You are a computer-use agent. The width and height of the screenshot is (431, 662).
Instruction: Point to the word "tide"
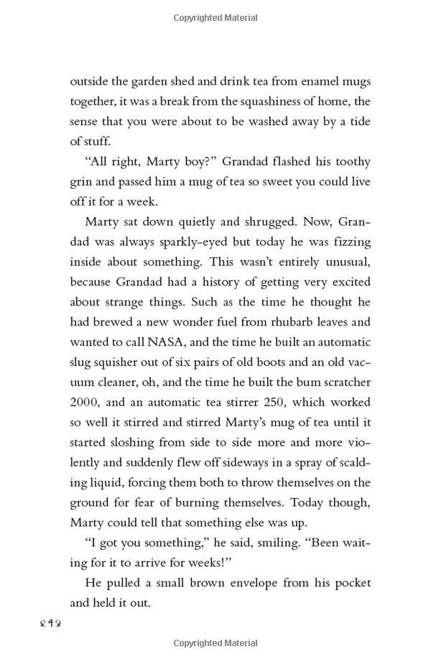pos(356,121)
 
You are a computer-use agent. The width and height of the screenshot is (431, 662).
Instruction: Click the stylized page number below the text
pos(83,620)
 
